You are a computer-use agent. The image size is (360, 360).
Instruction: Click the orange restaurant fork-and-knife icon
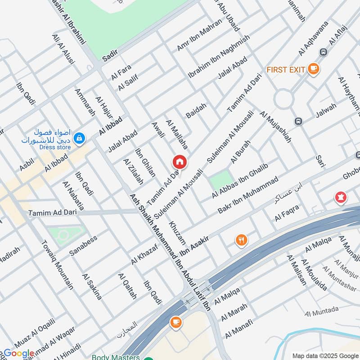(x=242, y=240)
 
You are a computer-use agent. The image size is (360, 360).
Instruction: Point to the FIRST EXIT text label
(x=286, y=70)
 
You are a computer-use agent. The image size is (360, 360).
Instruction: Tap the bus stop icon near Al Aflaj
(x=323, y=52)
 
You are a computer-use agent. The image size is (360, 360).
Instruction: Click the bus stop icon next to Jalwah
(x=297, y=121)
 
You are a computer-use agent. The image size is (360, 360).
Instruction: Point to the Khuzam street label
(x=177, y=230)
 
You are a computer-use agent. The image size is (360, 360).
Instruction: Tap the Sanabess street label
(x=83, y=246)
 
